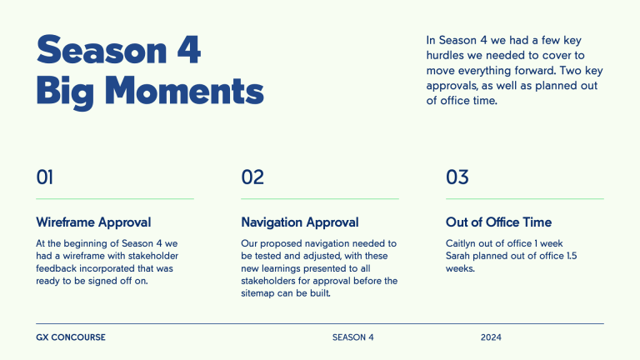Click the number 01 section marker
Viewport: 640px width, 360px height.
[x=45, y=177]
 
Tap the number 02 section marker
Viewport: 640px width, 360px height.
[x=252, y=177]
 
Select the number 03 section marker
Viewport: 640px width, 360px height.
[x=457, y=177]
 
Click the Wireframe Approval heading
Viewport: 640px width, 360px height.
[x=93, y=222]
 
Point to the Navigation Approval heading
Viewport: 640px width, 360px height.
[x=300, y=222]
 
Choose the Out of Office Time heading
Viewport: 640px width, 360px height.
[x=498, y=222]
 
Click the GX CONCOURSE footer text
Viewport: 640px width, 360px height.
[x=71, y=337]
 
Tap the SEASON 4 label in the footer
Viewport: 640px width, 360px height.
[x=353, y=337]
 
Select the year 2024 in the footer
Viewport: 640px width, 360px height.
[x=491, y=337]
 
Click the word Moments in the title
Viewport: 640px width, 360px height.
[x=185, y=91]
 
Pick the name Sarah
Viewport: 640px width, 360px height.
[x=459, y=256]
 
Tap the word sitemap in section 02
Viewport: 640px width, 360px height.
[x=257, y=293]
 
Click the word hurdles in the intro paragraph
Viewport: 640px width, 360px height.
[x=447, y=55]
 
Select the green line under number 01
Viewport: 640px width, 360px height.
[x=115, y=199]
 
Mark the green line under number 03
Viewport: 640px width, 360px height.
[x=525, y=199]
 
